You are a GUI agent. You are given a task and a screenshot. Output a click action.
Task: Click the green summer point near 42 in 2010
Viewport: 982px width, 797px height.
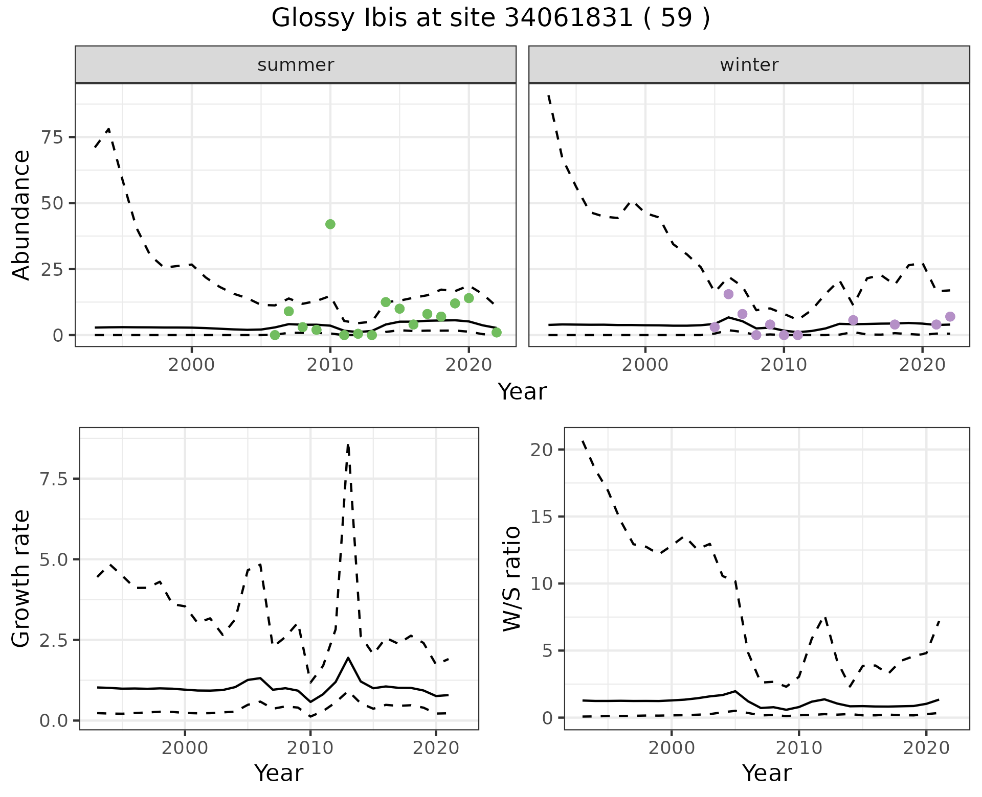[x=330, y=224]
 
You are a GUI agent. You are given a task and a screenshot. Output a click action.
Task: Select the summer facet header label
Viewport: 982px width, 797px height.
[x=296, y=65]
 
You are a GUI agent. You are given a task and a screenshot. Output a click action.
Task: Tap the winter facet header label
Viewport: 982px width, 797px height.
[x=749, y=65]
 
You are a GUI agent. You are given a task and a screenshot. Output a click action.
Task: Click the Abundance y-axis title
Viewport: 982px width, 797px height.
[x=21, y=215]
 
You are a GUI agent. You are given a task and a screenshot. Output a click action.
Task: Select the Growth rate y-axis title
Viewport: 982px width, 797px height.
[x=21, y=578]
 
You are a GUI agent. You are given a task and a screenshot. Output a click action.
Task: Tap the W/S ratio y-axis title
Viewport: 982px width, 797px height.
[x=511, y=578]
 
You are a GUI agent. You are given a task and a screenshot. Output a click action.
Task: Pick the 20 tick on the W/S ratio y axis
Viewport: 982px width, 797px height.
[x=542, y=450]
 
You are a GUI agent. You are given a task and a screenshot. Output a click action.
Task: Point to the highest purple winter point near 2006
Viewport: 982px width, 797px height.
[x=729, y=294]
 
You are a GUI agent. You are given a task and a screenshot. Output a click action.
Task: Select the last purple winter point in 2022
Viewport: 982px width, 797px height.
[x=950, y=317]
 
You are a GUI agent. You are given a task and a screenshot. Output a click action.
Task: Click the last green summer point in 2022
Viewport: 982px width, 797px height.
[x=496, y=333]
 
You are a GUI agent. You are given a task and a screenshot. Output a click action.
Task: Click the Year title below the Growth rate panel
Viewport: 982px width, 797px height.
[x=279, y=773]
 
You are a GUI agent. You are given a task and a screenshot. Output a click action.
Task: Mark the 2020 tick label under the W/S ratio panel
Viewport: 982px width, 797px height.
[x=926, y=748]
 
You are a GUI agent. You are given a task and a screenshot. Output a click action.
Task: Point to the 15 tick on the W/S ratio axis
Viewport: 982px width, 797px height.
[x=542, y=517]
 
